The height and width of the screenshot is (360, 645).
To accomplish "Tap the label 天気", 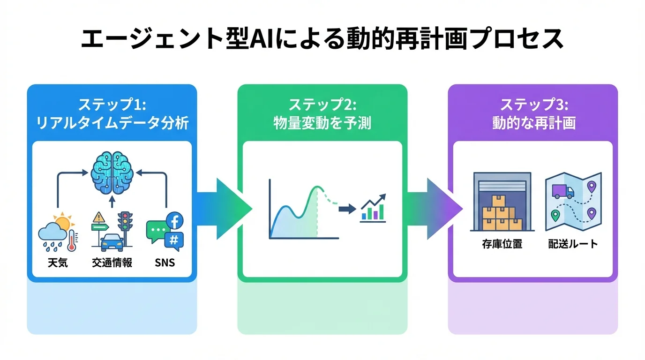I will [58, 262].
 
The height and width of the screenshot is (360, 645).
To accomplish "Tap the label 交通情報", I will [112, 262].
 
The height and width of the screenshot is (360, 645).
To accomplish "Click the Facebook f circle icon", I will [175, 221].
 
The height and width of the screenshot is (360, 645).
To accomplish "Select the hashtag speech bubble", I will [174, 240].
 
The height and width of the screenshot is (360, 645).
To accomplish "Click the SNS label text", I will [165, 262].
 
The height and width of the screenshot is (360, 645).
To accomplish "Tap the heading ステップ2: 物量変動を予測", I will [322, 113].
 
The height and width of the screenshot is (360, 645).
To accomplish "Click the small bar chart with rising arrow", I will [373, 209].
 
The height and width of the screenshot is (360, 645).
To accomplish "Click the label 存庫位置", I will [502, 244].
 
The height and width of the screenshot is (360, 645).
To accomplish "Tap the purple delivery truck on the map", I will [562, 191].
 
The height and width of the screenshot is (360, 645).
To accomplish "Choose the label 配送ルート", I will [573, 244].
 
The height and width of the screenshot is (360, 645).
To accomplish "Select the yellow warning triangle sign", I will [99, 217].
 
